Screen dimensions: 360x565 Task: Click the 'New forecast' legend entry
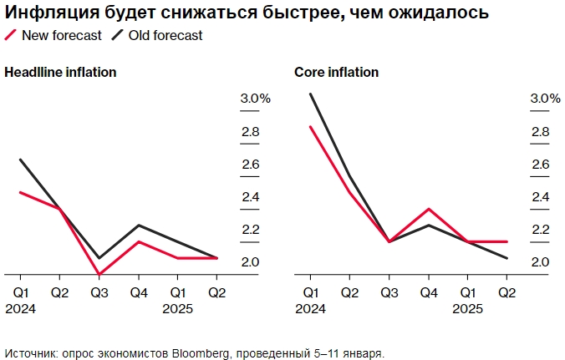62,36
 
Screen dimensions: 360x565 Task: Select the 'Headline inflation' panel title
60,73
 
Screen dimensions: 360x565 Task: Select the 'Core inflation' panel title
336,73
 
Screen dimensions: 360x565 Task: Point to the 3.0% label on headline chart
255,99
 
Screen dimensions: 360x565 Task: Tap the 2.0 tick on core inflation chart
539,262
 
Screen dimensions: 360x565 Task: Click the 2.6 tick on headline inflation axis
250,165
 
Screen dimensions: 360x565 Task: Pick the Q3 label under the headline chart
99,292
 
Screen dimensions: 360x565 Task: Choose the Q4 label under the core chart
428,292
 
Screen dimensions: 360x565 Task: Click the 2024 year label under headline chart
21,308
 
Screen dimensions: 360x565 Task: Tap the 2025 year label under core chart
467,308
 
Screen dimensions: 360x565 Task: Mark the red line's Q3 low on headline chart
99,274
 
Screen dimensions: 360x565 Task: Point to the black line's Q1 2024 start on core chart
310,94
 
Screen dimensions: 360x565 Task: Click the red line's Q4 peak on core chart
428,209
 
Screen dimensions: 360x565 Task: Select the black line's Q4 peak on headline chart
138,226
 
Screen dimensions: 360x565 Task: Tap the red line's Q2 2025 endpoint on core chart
506,241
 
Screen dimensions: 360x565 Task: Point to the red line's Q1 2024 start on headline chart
20,192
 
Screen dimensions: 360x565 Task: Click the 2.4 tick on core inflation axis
539,197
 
